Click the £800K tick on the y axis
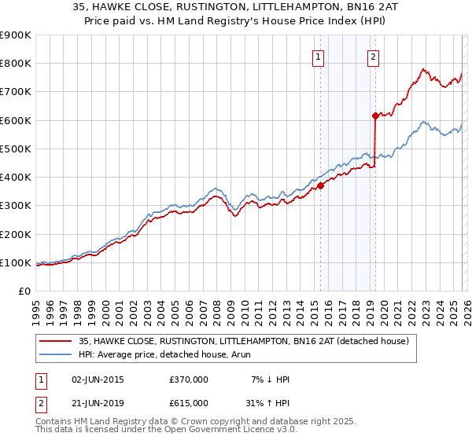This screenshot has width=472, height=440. [16, 64]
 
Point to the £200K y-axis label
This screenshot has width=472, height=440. [16, 234]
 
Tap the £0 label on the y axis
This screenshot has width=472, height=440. [24, 291]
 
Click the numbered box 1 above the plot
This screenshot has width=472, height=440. [319, 56]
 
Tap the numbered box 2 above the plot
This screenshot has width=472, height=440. [373, 56]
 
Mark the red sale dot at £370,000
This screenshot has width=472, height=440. [321, 186]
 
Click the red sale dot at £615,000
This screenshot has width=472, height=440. [376, 116]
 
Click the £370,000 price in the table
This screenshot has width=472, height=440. [188, 379]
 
